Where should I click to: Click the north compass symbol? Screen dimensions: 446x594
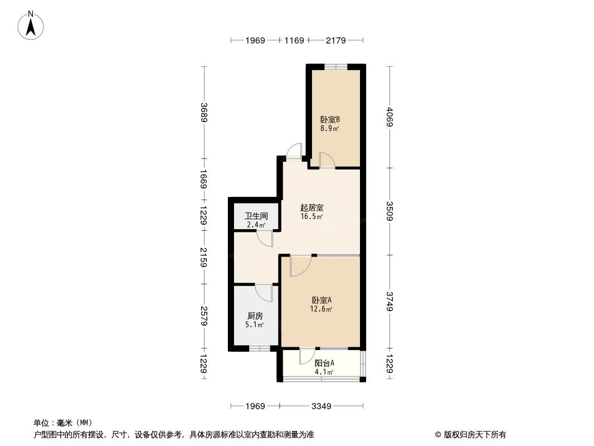tap(32, 25)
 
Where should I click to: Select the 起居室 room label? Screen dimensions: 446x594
tap(311, 207)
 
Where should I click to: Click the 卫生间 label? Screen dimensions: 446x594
tap(256, 216)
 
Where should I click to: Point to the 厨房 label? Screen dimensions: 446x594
tap(255, 316)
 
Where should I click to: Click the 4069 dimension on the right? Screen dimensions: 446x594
tap(389, 117)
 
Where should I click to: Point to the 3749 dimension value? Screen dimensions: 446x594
tap(389, 302)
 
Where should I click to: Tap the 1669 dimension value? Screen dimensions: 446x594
tap(205, 180)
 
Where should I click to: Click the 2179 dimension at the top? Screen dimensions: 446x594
tap(336, 40)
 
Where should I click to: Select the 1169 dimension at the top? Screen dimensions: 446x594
tap(294, 40)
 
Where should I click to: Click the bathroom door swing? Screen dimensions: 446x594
tap(265, 239)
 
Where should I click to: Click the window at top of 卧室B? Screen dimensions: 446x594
tap(335, 67)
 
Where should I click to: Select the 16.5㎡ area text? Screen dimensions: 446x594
tap(311, 216)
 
